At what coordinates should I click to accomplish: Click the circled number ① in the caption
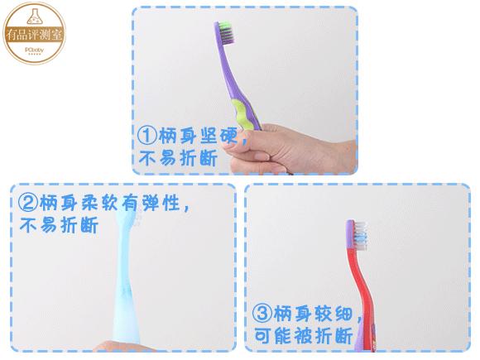146,135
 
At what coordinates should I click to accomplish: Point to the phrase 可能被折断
304,336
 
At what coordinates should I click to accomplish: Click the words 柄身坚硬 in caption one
197,136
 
